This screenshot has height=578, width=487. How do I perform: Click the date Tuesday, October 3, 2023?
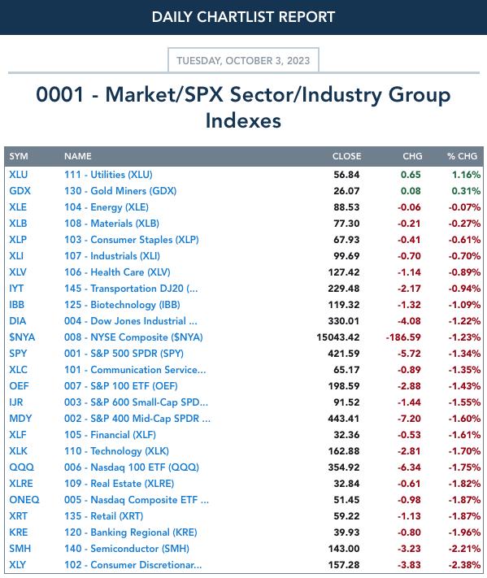point(243,60)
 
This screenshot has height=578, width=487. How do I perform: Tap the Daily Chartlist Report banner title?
point(243,17)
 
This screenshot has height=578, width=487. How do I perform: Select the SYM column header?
point(19,156)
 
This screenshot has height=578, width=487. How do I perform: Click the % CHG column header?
point(463,156)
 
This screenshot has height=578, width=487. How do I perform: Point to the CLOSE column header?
point(346,156)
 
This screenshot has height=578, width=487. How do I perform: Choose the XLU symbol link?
point(19,174)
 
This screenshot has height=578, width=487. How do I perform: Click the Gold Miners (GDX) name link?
point(120,191)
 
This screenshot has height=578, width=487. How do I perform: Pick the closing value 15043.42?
point(337,337)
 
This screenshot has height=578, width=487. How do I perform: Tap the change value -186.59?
point(403,337)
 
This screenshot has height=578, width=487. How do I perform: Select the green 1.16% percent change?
point(467,174)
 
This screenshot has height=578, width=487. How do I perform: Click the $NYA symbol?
point(22,337)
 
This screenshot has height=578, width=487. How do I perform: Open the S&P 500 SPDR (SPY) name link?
point(124,354)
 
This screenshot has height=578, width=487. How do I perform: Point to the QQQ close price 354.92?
point(344,467)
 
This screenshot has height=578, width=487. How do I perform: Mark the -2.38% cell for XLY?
point(464,565)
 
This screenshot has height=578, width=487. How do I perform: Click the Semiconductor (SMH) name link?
point(127,549)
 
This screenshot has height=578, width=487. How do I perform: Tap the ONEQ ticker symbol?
point(24,500)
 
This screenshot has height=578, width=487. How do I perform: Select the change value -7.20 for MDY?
point(409,419)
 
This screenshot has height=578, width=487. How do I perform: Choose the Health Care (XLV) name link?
point(117,272)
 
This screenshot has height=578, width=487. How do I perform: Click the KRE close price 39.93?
point(346,532)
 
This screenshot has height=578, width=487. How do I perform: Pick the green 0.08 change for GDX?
point(411,191)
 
